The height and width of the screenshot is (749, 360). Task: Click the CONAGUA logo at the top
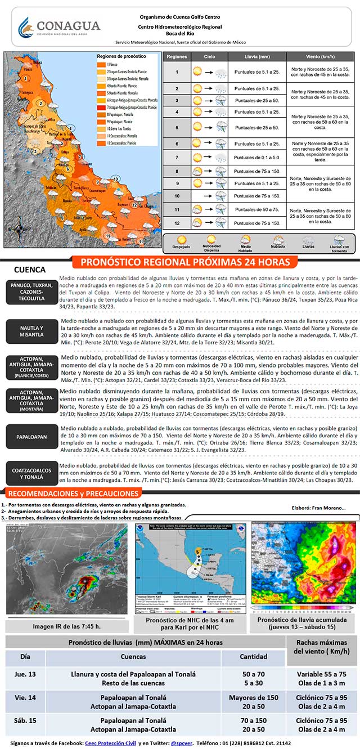(59, 27)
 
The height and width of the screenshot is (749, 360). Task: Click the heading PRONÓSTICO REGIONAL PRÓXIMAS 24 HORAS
(186, 262)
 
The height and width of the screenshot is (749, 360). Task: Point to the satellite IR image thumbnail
(66, 568)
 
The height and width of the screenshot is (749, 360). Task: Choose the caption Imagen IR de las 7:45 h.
(66, 626)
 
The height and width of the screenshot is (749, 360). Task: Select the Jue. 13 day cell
(26, 678)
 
